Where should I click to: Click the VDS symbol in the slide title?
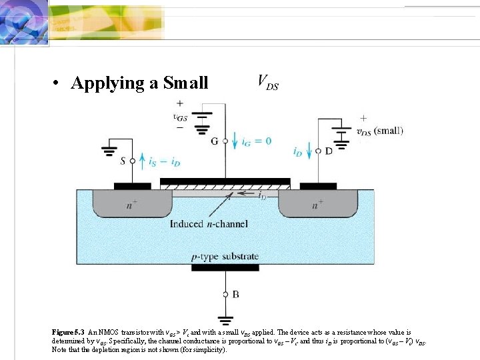pos(268,83)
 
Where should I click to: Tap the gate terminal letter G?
pos(214,141)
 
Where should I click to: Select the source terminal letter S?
pos(122,161)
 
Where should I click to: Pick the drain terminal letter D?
pos(328,151)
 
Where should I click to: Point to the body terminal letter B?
pos(235,294)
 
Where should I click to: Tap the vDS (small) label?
pos(380,131)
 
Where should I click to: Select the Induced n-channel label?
pos(209,223)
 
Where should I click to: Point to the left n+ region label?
pos(132,205)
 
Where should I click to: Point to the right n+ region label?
pos(318,205)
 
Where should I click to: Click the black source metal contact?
pos(133,186)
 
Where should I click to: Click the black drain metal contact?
pos(318,186)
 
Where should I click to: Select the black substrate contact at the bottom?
pos(225,267)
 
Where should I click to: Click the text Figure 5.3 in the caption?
pos(68,332)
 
